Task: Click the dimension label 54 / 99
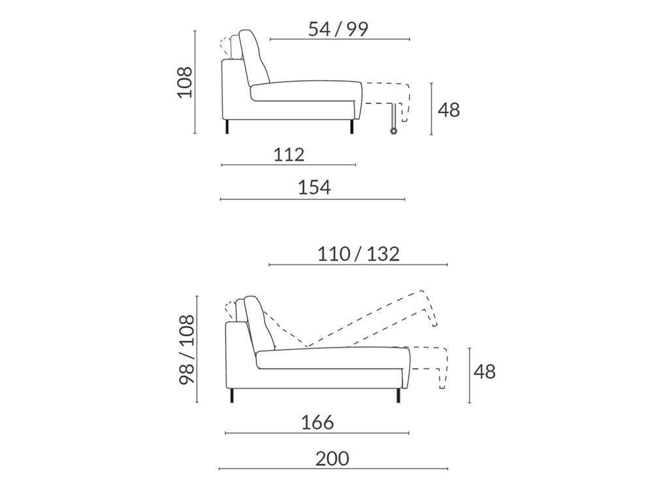338,29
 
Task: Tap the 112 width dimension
289,155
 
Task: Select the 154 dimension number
314,188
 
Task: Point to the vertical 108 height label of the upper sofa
185,82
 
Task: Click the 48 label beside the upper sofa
449,110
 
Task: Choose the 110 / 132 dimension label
358,253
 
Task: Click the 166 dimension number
317,423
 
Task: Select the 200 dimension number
332,459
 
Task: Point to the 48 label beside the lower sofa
485,371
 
